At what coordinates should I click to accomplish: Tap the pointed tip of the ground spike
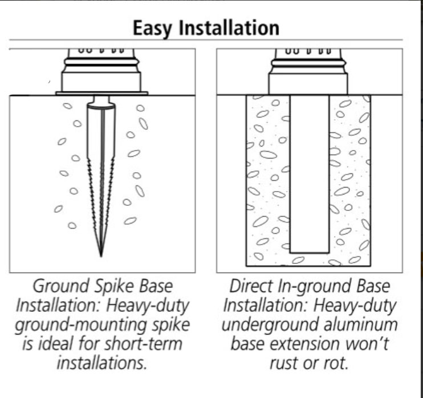point(101,255)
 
